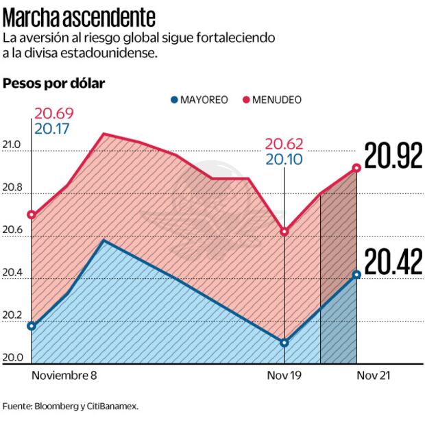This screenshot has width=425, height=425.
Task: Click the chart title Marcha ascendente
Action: [x=79, y=15]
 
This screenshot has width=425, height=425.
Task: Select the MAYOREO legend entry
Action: [x=199, y=99]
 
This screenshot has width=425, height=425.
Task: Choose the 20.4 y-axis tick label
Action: [x=12, y=274]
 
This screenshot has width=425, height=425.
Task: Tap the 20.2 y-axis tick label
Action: [x=12, y=316]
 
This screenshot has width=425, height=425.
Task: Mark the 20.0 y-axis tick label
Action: [x=12, y=358]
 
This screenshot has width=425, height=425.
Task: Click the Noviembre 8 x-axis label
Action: [x=64, y=376]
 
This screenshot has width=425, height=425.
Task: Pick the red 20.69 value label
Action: [x=54, y=113]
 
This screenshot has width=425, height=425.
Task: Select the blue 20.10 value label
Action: [x=284, y=158]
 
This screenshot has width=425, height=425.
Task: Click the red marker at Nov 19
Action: [x=284, y=231]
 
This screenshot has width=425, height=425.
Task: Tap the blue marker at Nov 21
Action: [x=356, y=274]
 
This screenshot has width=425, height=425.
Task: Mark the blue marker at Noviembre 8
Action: [x=32, y=326]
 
